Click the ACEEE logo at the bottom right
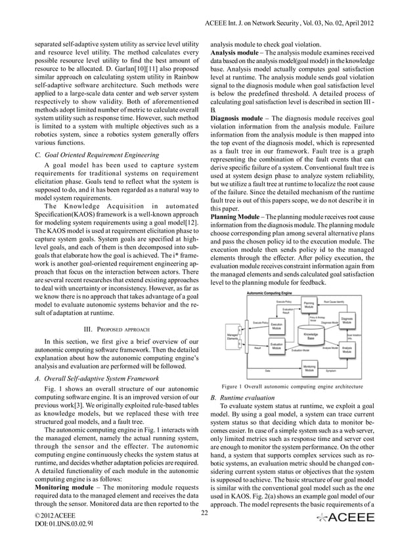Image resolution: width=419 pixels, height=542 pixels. coord(346,518)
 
